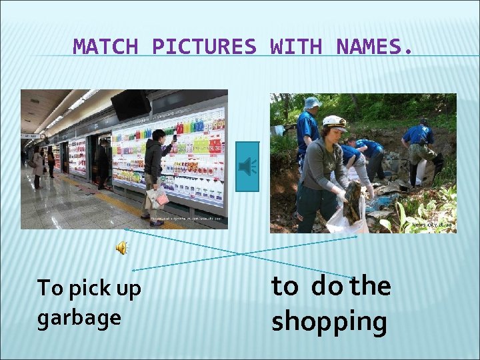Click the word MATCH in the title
pyautogui.click(x=105, y=47)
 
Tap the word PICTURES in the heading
pyautogui.click(x=204, y=47)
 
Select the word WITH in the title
pyautogui.click(x=296, y=47)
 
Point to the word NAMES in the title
pyautogui.click(x=368, y=47)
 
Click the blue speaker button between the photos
pyautogui.click(x=248, y=167)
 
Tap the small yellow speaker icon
pyautogui.click(x=122, y=248)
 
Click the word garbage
pyautogui.click(x=79, y=318)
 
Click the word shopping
pyautogui.click(x=329, y=321)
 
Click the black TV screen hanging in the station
pyautogui.click(x=130, y=104)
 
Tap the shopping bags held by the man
pyautogui.click(x=157, y=196)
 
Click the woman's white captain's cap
pyautogui.click(x=334, y=123)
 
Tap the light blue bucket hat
pyautogui.click(x=312, y=103)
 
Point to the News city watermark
pyautogui.click(x=432, y=225)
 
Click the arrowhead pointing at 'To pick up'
pyautogui.click(x=133, y=270)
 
